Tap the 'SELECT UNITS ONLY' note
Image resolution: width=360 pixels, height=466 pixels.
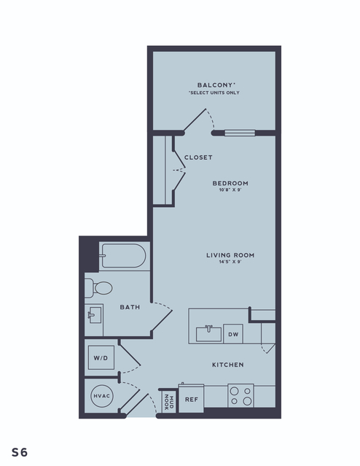coord(214,93)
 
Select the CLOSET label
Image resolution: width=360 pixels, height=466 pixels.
coord(198,158)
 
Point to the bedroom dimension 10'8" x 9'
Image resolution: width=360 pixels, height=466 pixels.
coord(230,190)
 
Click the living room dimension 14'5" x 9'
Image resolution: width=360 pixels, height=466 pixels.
coord(230,262)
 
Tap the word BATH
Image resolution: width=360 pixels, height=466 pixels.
coord(130,307)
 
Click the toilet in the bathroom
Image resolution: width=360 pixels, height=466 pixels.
coord(98,288)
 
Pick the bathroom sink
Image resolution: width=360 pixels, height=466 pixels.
coord(95,315)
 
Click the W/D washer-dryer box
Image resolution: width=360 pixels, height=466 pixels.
coord(101,357)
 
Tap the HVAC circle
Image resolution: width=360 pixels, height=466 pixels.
coord(102,396)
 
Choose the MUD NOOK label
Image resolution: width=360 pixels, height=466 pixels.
coord(169,402)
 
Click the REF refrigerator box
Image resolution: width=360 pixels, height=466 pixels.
coord(191,399)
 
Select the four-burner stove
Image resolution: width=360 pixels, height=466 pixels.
coord(241,396)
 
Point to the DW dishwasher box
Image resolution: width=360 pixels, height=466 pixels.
coord(233,334)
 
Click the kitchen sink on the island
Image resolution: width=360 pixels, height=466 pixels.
coord(208,333)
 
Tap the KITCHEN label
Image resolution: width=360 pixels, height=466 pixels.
coord(228,365)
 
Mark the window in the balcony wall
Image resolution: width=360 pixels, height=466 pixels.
coord(240,133)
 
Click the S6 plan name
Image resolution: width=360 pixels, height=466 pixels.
coord(20,452)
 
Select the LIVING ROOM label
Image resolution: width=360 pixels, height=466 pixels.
coord(230,255)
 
